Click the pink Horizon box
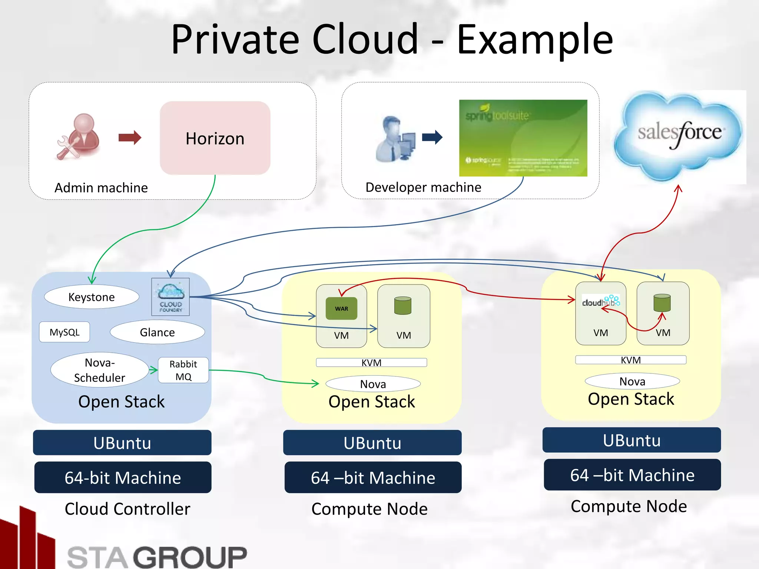[x=215, y=138]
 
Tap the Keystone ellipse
[x=92, y=297]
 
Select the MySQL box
[x=64, y=332]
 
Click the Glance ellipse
[x=157, y=332]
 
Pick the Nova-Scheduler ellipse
[x=99, y=370]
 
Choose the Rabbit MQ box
[x=183, y=370]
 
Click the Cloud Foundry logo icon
[x=170, y=297]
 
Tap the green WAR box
[x=341, y=309]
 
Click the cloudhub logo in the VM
[x=600, y=302]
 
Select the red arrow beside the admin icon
[x=130, y=137]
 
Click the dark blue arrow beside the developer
[x=432, y=137]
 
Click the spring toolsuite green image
[x=523, y=138]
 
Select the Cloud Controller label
[x=127, y=509]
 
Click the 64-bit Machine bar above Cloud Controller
[x=123, y=477]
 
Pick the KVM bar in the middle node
[x=371, y=362]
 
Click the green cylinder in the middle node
[x=403, y=306]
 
